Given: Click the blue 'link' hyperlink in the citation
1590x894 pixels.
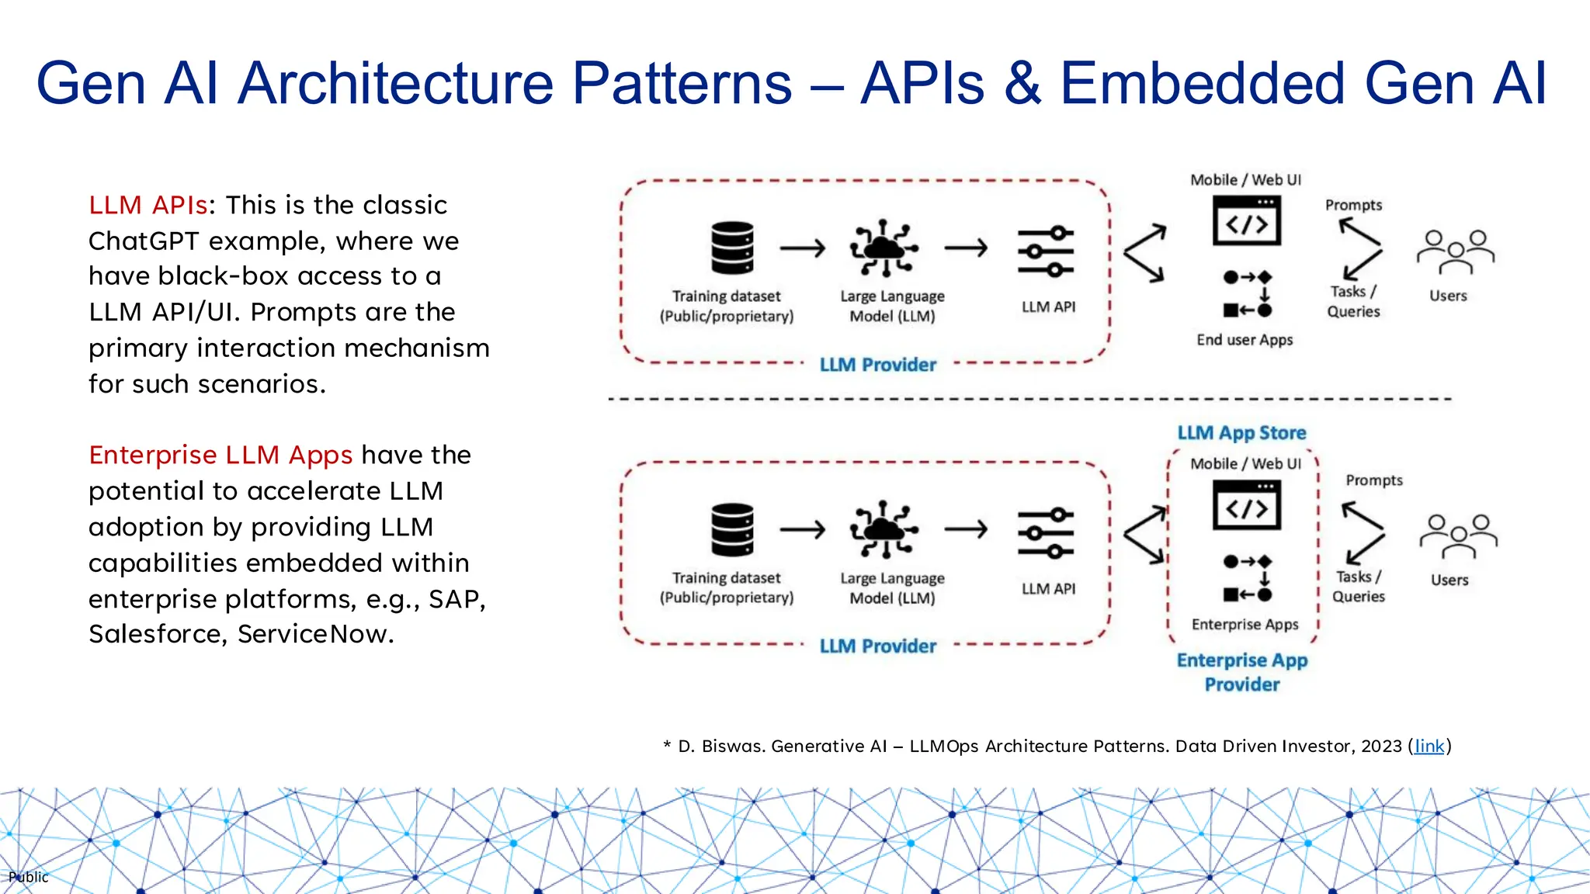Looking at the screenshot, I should pos(1429,747).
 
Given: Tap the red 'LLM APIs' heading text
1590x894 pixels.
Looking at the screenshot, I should pos(148,206).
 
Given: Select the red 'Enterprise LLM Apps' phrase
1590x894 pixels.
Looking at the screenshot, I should pos(220,456).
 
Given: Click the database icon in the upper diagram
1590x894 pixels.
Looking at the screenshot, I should pos(732,248).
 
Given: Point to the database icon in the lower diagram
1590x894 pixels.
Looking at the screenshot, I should pos(732,530).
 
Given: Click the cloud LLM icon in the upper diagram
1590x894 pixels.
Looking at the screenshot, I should pos(884,248).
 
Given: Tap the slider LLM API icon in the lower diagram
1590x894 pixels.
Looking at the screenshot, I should pos(1046,533).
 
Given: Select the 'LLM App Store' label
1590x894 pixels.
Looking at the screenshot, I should pos(1241,433).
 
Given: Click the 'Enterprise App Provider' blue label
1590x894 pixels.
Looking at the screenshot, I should pos(1242,672).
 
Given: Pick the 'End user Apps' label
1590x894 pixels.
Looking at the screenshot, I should pos(1245,340).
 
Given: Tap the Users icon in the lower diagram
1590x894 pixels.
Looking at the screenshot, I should pos(1458,536).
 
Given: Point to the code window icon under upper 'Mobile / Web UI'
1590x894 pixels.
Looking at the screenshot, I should pos(1246,221).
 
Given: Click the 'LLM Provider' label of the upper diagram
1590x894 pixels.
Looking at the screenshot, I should pos(878,365).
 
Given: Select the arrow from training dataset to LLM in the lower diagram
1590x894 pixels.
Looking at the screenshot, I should pos(803,530).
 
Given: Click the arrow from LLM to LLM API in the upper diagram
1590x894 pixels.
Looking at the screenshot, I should pos(967,248).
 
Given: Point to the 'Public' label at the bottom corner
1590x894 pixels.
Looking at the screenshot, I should pos(29,877).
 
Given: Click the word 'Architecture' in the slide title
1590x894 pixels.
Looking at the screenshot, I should pos(397,83).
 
